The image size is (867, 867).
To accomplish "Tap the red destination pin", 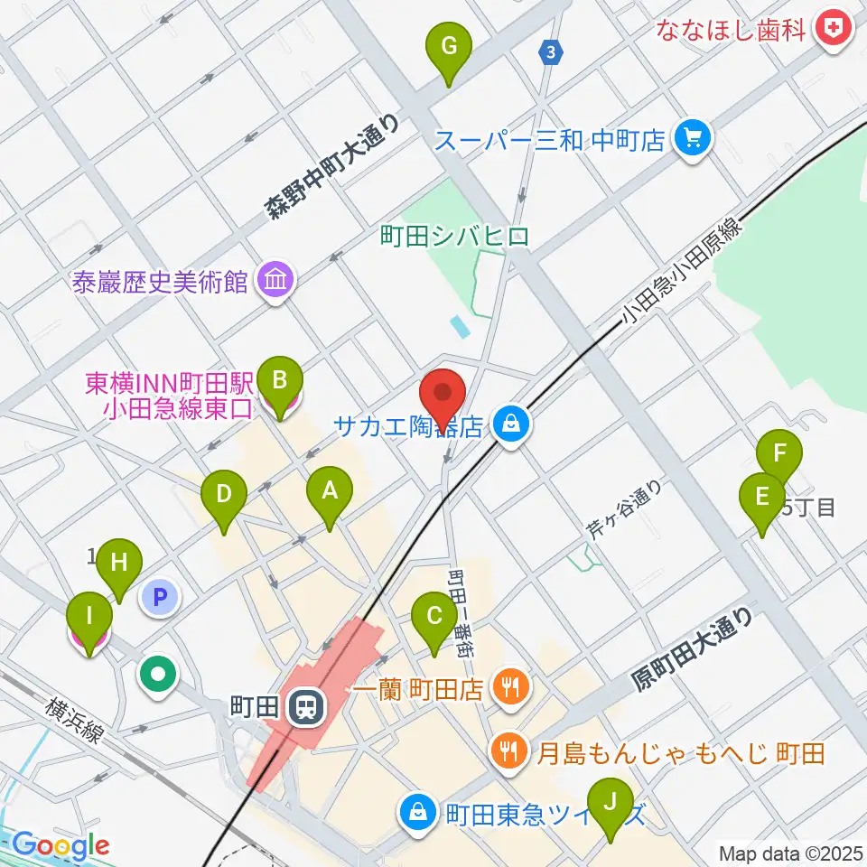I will point(443,396).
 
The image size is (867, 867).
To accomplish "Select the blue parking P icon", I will point(160,596).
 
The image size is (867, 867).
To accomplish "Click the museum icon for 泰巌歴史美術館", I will point(273,281).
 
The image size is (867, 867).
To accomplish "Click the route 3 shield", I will point(550,52).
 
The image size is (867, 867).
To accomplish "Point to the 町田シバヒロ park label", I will point(454,238).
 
